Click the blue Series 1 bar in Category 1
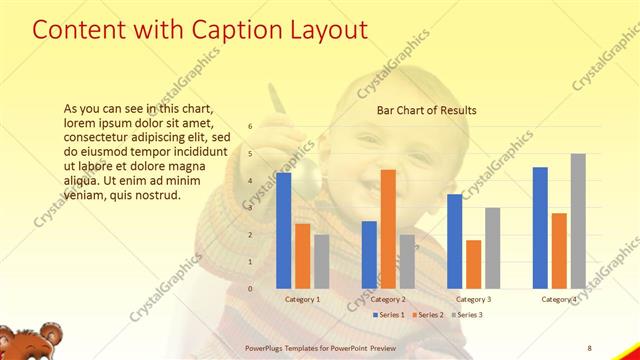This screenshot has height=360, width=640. click(284, 230)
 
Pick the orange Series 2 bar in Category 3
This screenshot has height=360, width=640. click(474, 264)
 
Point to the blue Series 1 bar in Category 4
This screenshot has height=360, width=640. click(540, 227)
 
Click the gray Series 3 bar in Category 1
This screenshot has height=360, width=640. click(321, 261)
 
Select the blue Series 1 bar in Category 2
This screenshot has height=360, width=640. click(369, 254)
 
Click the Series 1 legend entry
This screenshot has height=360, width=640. click(391, 315)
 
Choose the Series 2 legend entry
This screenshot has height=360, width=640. click(429, 315)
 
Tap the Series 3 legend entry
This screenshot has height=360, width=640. click(467, 315)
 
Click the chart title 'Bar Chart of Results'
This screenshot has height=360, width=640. click(427, 110)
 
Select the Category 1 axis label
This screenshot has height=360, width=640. click(303, 299)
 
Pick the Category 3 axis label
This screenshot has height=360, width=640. click(474, 299)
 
